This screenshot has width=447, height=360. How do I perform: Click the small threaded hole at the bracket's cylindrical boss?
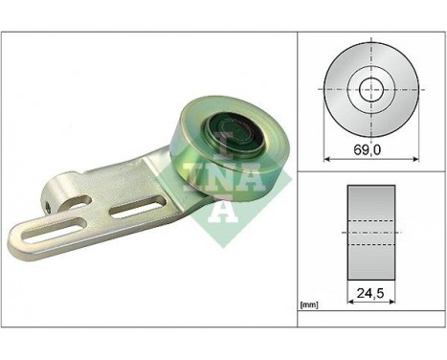coord(45,204)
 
